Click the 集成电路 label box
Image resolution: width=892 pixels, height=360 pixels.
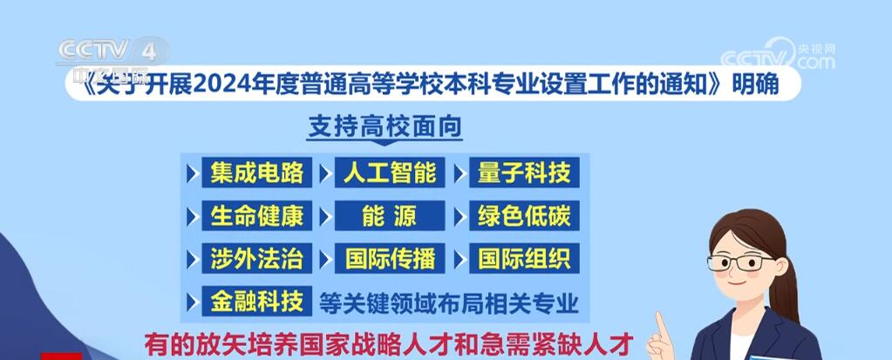point(256,173)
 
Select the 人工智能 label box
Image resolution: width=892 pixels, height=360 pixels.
point(390,173)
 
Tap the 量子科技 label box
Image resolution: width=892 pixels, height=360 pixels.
point(524,173)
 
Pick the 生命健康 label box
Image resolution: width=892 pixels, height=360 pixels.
point(256,215)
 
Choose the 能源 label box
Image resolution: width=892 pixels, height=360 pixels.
point(390,215)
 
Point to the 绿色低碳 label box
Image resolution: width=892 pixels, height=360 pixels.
point(524,215)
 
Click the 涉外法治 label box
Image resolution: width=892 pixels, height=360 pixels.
point(256,258)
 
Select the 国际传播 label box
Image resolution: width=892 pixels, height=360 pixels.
point(390,258)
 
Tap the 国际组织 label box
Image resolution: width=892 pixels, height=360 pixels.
point(524,258)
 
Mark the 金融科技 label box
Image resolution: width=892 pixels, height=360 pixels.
point(256,302)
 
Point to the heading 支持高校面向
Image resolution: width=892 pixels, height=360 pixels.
point(385,126)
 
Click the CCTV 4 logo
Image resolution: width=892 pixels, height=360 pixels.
point(113,51)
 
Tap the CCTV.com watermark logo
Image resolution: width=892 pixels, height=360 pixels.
point(778,55)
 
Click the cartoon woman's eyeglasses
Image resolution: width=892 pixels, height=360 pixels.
point(740,262)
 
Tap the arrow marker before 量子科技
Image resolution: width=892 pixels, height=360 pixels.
point(460,173)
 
